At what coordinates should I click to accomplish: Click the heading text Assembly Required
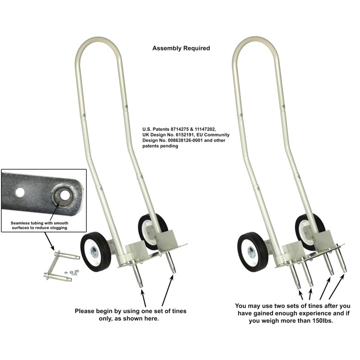pyautogui.click(x=181, y=48)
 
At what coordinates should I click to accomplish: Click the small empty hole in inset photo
pyautogui.click(x=20, y=193)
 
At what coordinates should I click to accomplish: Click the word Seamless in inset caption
pyautogui.click(x=24, y=222)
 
